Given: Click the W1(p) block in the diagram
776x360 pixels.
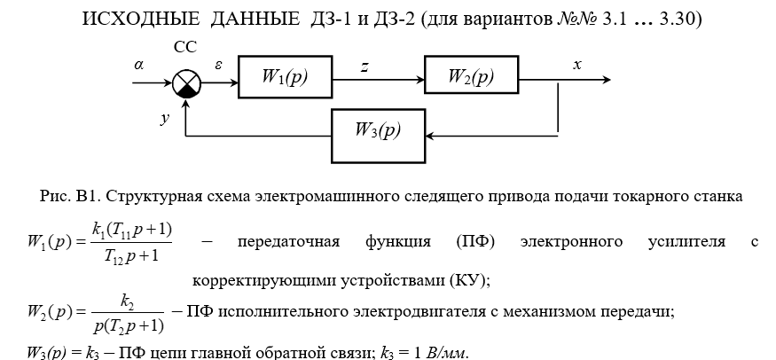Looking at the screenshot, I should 285,77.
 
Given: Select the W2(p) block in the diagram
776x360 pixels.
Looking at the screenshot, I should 471,77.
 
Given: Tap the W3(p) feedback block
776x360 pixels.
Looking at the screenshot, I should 378,130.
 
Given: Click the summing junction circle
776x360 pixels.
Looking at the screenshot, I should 187,84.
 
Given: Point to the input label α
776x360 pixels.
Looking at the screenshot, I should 139,65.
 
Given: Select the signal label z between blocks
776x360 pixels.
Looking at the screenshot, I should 365,65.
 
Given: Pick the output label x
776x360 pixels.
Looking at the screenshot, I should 577,65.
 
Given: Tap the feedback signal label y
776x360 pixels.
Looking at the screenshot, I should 165,116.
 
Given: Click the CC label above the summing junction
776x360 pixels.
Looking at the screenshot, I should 186,46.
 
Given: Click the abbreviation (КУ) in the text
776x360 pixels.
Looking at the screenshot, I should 468,280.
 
